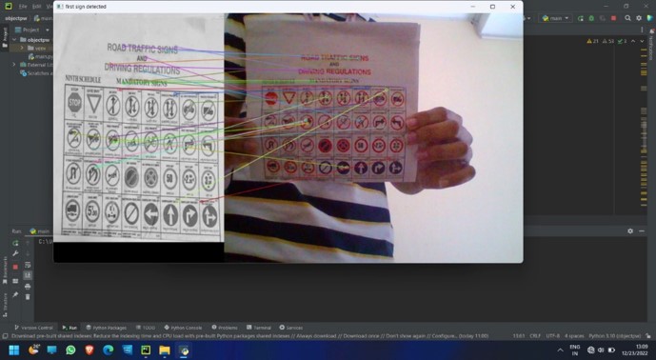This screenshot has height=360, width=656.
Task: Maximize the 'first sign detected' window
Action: point(492,7)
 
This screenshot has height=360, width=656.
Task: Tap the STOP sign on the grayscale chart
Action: point(75,102)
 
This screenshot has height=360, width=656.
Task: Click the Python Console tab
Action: point(185,327)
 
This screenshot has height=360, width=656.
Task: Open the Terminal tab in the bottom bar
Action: point(260,327)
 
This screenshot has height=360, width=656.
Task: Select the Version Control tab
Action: point(35,327)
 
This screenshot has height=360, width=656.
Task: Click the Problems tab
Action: point(226,327)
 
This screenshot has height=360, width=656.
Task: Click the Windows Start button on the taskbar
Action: point(9,350)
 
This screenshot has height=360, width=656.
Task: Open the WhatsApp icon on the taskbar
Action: point(70,350)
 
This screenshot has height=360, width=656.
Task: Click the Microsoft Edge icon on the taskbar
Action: point(108,350)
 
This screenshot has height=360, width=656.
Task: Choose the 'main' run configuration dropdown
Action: point(554,18)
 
